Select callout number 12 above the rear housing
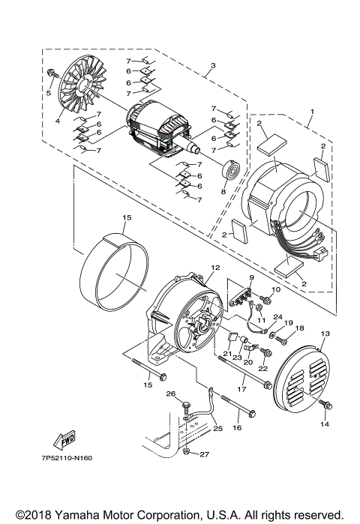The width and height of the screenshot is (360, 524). pos(214,267)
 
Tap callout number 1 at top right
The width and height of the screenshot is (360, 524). pos(311,110)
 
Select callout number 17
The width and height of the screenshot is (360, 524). pos(241,389)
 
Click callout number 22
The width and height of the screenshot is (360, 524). pos(263,369)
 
